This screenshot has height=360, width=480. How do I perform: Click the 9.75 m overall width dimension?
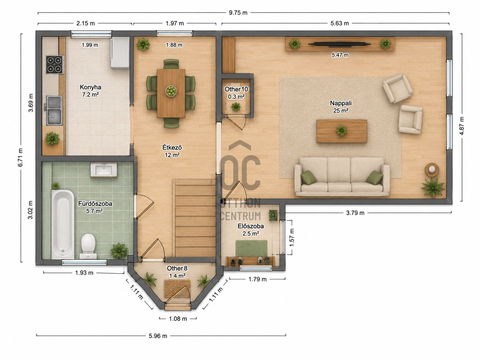point(238,13)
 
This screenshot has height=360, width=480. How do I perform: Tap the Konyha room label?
point(90,87)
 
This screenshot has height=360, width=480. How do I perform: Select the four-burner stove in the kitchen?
point(55,65)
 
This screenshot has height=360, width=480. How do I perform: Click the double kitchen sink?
point(54,110)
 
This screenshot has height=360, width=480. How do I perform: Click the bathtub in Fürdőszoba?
point(63,224)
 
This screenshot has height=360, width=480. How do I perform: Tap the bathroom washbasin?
point(104,170)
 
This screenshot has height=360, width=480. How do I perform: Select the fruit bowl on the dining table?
point(171,91)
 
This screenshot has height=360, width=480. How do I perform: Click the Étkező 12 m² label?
point(172,151)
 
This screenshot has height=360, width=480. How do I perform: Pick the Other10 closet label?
point(236,89)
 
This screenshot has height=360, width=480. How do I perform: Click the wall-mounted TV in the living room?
point(339,44)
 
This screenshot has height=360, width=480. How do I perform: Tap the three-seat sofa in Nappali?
point(342,177)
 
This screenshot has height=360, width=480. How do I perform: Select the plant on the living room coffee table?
point(341,131)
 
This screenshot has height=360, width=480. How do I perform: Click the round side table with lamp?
point(432,169)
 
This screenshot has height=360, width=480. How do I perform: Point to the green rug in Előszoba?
point(252,249)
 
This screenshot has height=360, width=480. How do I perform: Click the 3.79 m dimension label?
point(355,213)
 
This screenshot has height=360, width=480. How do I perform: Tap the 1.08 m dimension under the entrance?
point(178,319)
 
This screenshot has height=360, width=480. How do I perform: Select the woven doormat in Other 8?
point(177,288)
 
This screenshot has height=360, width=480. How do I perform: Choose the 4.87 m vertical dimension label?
point(462,126)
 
